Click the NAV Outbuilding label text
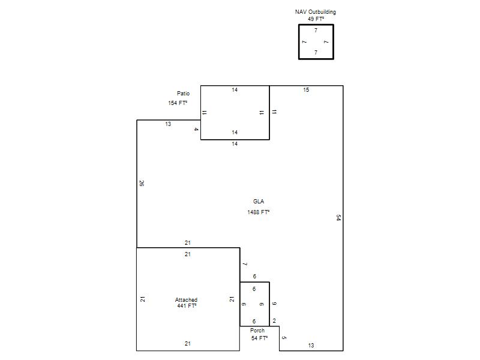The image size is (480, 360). pos(316,12)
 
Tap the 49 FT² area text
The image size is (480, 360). pos(316,19)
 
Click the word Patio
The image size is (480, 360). pos(183,94)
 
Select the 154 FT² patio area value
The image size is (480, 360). pos(178,103)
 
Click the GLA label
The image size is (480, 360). pos(259,202)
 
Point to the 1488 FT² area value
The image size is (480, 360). pos(259,212)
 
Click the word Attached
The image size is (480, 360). pos(186,299)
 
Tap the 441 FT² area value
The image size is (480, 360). pos(187,306)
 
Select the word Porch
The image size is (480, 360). pos(257,331)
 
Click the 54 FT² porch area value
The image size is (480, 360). pos(259,338)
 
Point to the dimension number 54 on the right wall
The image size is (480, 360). pos(338,218)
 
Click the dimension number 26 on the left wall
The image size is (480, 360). pos(142,184)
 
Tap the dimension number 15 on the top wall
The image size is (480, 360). pos(306,90)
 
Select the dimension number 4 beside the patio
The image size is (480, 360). pos(196,130)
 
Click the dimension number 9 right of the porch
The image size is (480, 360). pos(274,304)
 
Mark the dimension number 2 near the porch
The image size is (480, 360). pos(274,321)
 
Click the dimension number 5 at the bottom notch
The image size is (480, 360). pos(284,338)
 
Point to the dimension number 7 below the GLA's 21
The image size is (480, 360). pos(245,264)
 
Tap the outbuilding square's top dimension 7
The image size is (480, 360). pos(316,31)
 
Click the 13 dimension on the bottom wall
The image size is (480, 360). pos(311,346)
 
